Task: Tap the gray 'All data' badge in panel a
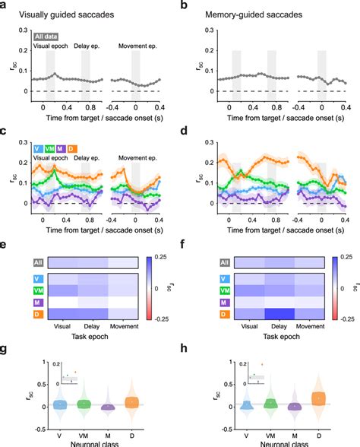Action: point(50,36)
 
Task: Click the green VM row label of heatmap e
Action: point(15,290)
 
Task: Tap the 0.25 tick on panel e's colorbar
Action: point(168,258)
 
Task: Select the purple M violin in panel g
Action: point(109,407)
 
